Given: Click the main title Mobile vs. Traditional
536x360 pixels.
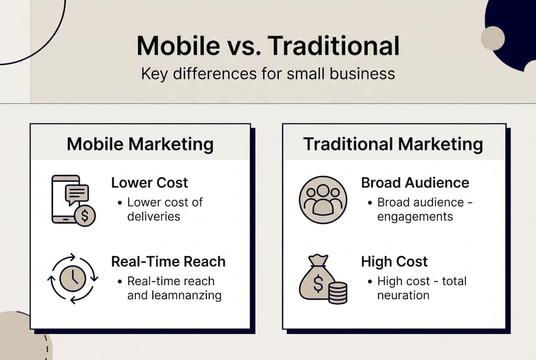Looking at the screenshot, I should click(x=268, y=46).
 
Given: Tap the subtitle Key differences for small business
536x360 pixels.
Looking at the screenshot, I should click(x=268, y=74).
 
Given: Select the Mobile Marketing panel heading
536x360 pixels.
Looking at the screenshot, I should click(x=140, y=144).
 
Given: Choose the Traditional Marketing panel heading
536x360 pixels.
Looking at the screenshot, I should click(x=393, y=144).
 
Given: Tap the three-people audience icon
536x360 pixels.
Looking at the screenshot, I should click(x=323, y=200).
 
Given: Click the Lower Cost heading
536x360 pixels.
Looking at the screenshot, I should click(x=149, y=182).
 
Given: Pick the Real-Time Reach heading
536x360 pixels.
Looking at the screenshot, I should click(x=168, y=261).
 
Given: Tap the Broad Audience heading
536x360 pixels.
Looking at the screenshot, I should click(x=415, y=182).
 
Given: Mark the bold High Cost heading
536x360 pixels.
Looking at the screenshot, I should click(x=394, y=261).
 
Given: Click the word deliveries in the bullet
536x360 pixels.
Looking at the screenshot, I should click(x=153, y=216).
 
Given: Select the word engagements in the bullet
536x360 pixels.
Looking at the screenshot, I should click(x=415, y=216).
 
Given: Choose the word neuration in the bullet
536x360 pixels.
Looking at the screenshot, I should click(x=403, y=295).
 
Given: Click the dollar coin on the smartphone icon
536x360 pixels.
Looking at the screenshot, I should click(x=85, y=216).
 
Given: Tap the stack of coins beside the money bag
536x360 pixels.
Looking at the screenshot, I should click(x=338, y=292).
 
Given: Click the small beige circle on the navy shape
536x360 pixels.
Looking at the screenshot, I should click(x=493, y=38).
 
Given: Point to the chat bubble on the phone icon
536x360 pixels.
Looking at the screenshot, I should click(x=76, y=193).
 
